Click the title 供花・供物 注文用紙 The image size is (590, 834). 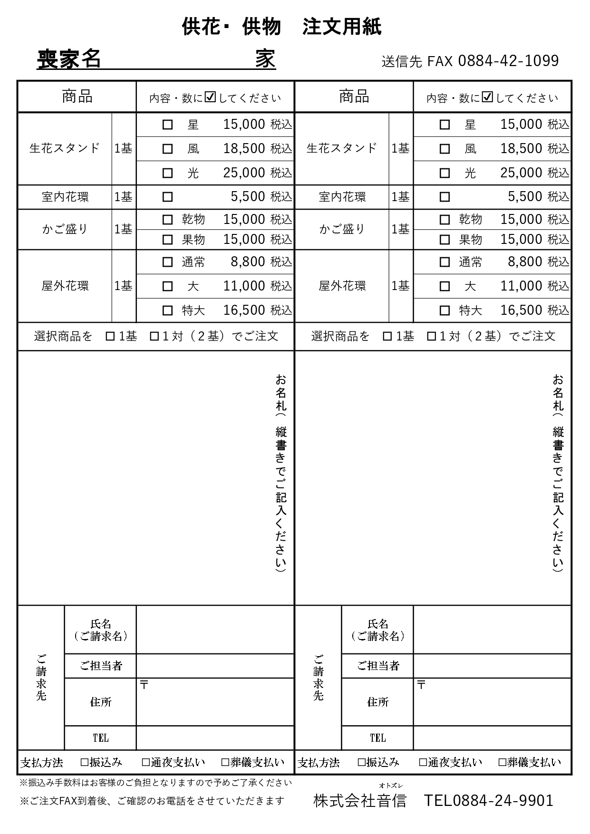click(281, 27)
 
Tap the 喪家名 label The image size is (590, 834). click(69, 59)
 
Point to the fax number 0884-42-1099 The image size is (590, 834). click(508, 61)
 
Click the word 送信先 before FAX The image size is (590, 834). click(402, 62)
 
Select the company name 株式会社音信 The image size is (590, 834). click(360, 801)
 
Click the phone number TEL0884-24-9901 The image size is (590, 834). click(488, 801)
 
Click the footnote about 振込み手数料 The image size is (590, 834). click(155, 782)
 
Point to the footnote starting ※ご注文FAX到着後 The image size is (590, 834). click(152, 801)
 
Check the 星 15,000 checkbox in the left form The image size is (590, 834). click(167, 125)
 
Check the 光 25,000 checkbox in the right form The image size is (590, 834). click(445, 173)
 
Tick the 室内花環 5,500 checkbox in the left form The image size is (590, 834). click(167, 197)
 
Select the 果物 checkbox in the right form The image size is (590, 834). click(445, 240)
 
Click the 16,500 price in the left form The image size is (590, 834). click(244, 310)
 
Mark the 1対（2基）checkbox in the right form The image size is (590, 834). click(431, 337)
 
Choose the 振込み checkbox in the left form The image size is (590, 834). click(85, 763)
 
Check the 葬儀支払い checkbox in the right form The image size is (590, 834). click(502, 763)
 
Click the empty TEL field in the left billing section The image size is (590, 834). click(215, 738)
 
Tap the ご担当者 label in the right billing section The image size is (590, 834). click(378, 666)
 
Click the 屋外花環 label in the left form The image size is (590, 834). click(65, 286)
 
